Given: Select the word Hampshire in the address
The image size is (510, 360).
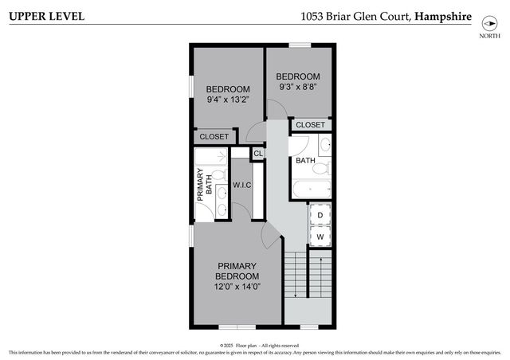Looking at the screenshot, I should (x=443, y=17).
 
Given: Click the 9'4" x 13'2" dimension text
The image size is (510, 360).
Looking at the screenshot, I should (x=228, y=100).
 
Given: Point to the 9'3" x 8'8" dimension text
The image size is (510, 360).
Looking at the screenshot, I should (x=298, y=86).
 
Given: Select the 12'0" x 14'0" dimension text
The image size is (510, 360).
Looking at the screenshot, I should (x=237, y=286).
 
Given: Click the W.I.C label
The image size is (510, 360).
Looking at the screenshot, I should (x=242, y=186).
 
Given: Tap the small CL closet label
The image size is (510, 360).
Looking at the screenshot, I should (x=258, y=154).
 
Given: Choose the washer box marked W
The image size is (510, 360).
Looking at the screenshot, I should (x=320, y=237).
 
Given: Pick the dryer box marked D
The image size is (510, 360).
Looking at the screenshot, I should (x=320, y=214).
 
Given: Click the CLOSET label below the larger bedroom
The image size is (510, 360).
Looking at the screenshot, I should (x=214, y=137).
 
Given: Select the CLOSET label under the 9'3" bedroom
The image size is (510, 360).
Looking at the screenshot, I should (x=311, y=125).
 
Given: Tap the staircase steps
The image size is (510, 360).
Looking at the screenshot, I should (x=307, y=275).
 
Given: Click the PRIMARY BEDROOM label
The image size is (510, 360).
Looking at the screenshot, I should (x=237, y=271).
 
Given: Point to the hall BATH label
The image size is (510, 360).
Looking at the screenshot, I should (x=305, y=161).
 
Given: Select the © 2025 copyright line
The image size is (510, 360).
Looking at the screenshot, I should (x=254, y=346).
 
